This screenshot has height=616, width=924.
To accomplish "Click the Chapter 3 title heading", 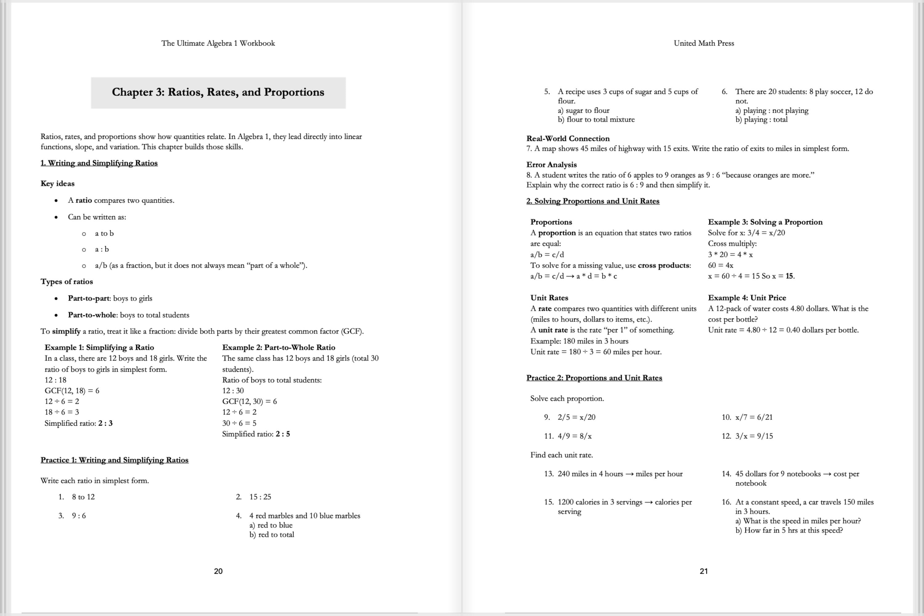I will tap(218, 92).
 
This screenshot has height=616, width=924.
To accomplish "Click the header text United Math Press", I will tap(703, 43).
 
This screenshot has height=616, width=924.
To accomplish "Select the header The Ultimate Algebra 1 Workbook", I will tap(218, 43).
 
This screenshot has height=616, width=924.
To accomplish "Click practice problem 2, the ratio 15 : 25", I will tap(260, 496).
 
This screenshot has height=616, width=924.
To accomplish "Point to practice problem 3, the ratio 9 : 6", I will tap(79, 515).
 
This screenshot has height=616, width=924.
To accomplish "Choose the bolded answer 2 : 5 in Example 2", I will tap(283, 434).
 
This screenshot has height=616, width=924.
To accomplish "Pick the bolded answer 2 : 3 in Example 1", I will tap(105, 423).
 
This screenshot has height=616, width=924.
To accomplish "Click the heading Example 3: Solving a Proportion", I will tap(765, 222).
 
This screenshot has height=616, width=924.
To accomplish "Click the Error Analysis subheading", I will tap(551, 164).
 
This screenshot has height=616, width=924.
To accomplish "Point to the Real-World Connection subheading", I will tap(568, 138).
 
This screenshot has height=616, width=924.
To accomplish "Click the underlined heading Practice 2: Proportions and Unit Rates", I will tap(594, 378).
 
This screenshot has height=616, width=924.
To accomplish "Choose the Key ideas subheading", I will tap(57, 184).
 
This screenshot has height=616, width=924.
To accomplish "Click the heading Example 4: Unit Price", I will tap(746, 298).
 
